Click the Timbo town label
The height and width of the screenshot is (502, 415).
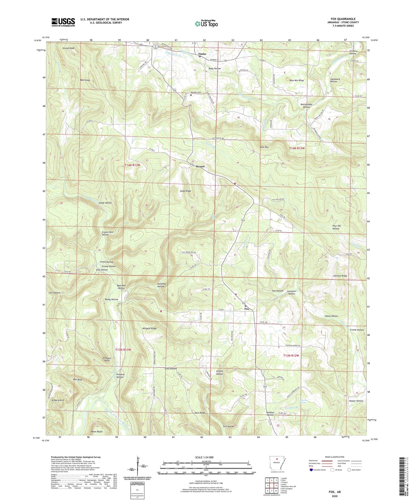point(202,54)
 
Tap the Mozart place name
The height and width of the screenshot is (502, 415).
point(200,166)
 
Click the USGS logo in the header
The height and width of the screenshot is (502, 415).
point(63,22)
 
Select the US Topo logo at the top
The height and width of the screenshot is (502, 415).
point(206,24)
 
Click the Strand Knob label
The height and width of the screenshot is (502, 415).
point(68,48)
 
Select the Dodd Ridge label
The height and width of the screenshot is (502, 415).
point(186,191)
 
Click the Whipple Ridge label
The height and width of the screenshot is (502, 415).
point(149,328)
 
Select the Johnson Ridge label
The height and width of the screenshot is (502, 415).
point(340,276)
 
